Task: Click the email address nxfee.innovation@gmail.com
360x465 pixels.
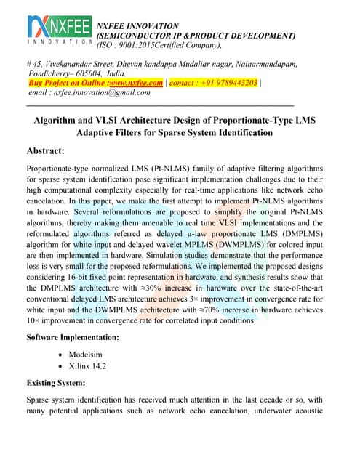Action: (x=98, y=92)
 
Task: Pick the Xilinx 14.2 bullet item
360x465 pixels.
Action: (x=87, y=365)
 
